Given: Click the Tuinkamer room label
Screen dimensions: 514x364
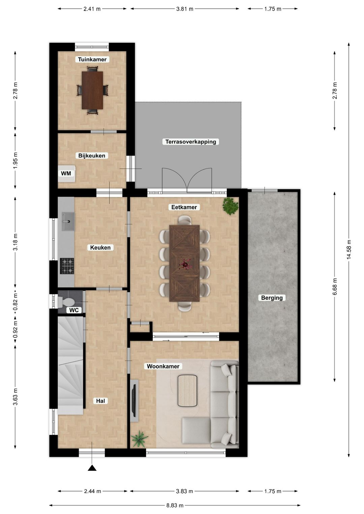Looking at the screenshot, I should point(92,60).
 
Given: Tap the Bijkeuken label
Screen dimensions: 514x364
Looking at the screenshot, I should point(92,156).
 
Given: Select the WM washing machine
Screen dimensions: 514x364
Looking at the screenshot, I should point(66,173).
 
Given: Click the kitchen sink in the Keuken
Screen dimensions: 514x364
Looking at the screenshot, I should point(68,222).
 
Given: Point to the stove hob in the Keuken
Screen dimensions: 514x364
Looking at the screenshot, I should point(67,266).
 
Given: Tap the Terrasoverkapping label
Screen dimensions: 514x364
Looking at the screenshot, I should point(190,142).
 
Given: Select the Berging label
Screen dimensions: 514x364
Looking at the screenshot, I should point(272,298).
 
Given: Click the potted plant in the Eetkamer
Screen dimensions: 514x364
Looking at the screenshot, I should point(231,206).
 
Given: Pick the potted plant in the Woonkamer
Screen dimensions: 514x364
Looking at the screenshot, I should point(139,439).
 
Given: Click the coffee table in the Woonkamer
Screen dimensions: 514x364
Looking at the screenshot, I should point(187,391).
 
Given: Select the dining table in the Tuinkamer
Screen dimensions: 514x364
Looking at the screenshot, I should point(92,90).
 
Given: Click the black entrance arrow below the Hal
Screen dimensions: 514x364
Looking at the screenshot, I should point(92,468).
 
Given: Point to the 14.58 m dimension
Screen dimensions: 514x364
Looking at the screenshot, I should point(349,249).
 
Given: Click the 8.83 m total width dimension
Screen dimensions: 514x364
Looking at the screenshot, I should point(175,505).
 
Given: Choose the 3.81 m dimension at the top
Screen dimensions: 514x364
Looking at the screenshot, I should point(185,9).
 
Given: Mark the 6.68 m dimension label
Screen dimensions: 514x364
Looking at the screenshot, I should point(335,287).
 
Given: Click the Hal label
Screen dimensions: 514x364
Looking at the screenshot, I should point(100,401).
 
